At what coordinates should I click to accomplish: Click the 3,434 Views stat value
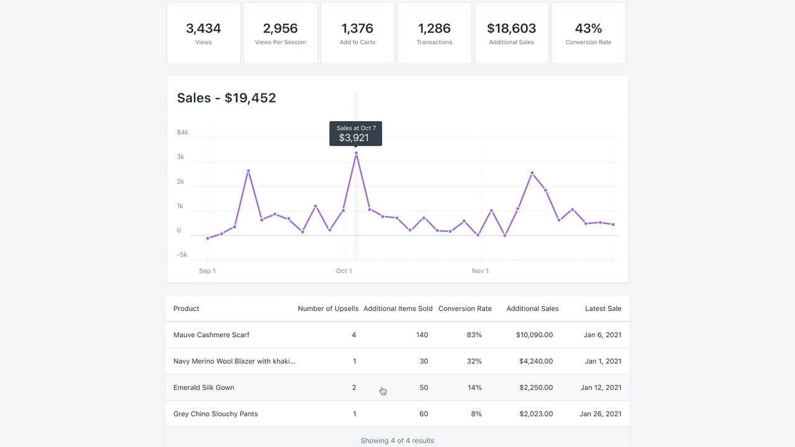tap(203, 29)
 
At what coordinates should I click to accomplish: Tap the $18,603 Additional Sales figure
tap(511, 29)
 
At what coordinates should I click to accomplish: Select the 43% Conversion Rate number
tap(588, 29)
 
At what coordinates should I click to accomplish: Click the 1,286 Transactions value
tap(434, 29)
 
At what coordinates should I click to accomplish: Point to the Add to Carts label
tap(357, 42)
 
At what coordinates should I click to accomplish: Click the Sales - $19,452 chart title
tap(226, 98)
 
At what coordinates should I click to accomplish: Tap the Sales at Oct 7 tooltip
tap(356, 133)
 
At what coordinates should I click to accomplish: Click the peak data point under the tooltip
tap(356, 153)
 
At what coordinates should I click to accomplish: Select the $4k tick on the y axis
tap(183, 132)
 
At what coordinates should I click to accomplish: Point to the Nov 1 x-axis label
tap(479, 271)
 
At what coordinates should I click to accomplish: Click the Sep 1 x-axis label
tap(207, 271)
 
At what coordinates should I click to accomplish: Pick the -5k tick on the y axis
tap(182, 255)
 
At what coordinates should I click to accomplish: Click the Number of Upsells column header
tap(328, 309)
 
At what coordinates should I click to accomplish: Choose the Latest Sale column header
tap(602, 309)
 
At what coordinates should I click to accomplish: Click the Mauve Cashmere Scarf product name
tap(211, 335)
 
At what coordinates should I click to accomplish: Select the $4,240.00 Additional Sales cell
tap(534, 361)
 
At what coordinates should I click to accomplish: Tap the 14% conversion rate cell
tap(475, 387)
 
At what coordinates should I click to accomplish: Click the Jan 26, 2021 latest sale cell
tap(600, 414)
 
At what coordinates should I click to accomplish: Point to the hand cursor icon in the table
tap(383, 391)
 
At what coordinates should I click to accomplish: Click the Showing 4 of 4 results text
tap(397, 441)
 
